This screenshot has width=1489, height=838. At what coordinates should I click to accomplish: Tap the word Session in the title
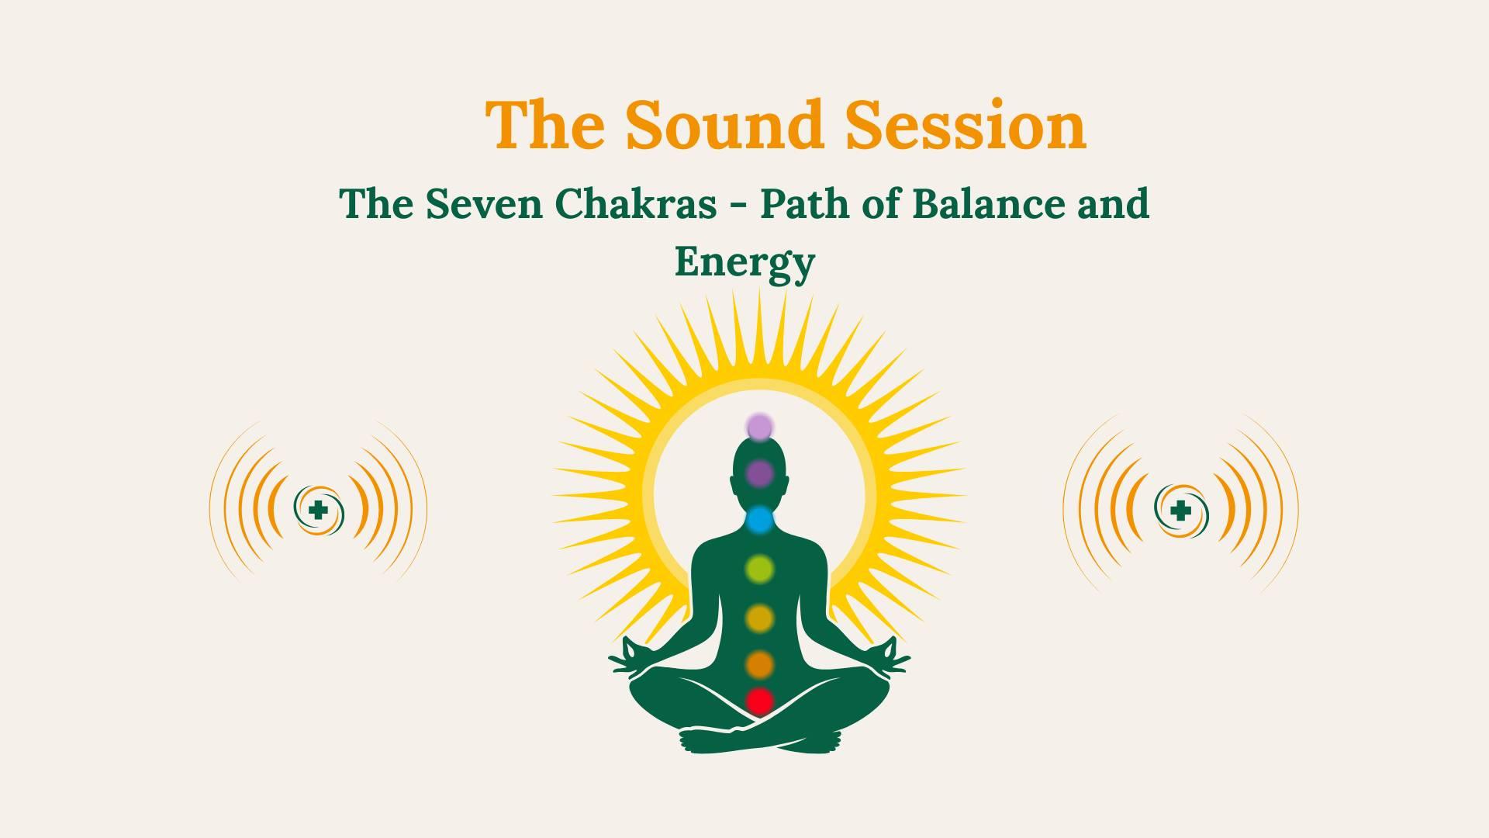tap(966, 124)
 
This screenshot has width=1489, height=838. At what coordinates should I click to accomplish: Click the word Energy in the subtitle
tap(744, 261)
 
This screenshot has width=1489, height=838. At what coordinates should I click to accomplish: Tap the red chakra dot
tap(760, 701)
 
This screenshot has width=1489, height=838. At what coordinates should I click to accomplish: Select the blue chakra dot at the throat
tap(760, 519)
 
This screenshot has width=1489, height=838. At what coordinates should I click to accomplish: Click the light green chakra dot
tap(760, 570)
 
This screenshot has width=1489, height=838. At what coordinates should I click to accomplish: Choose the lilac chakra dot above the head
tap(760, 427)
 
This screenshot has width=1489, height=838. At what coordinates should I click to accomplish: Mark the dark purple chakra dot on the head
tap(760, 473)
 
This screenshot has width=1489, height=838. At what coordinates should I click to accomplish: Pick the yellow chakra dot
tap(760, 618)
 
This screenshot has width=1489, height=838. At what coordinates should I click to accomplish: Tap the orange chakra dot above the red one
tap(760, 665)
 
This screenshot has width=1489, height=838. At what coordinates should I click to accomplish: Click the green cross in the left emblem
tap(316, 510)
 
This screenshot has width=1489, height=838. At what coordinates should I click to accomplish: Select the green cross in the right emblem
tap(1180, 511)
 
